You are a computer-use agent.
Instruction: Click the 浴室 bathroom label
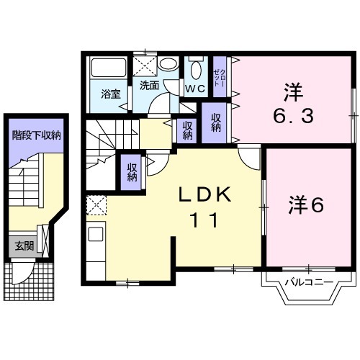tap(110, 93)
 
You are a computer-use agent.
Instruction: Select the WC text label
tap(195, 88)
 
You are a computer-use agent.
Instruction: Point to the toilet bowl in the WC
tap(195, 70)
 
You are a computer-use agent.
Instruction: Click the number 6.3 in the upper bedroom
tap(292, 115)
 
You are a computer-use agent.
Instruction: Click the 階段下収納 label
tap(35, 135)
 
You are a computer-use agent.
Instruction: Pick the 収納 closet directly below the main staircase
tap(132, 173)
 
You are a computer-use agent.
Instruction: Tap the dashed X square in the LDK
tap(95, 207)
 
